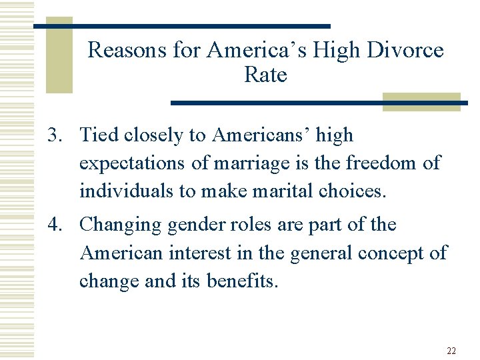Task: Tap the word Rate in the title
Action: tap(265, 75)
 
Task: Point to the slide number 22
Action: tap(451, 351)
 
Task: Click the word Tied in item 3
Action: tap(98, 135)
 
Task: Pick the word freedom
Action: tap(376, 163)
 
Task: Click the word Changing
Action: tap(120, 225)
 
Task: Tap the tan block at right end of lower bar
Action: tap(421, 101)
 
